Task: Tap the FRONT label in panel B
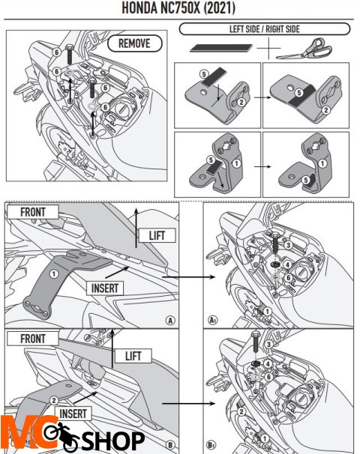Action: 32,339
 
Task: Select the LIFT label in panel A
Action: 156,236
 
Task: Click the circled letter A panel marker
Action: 170,320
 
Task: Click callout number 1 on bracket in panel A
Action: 53,273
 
